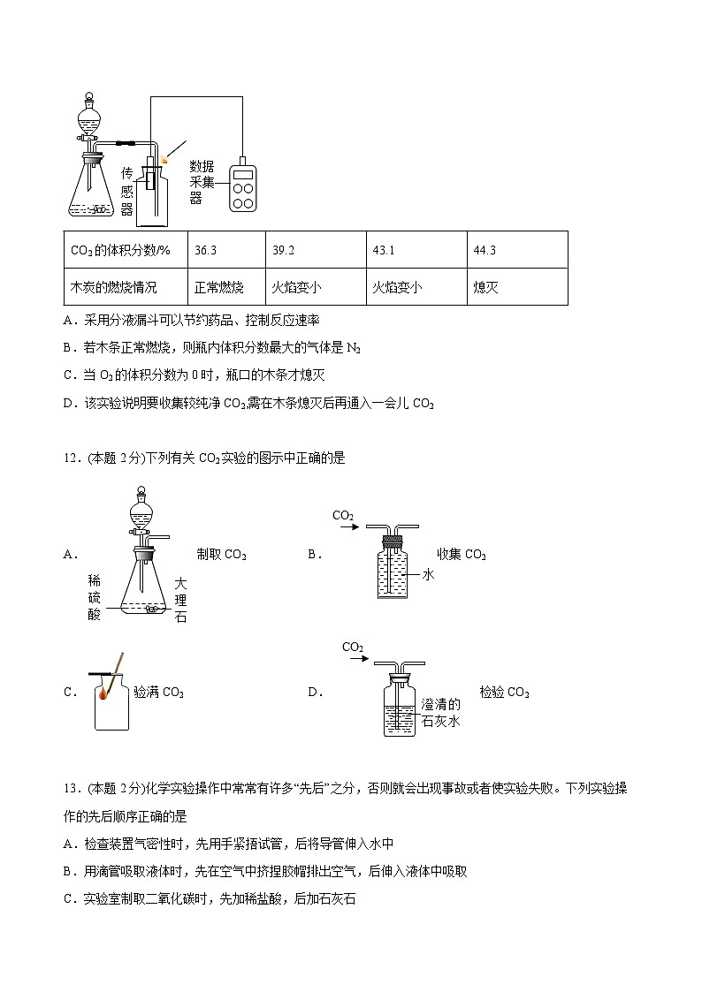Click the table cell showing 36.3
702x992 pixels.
tap(205, 250)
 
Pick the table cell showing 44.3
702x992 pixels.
tap(485, 250)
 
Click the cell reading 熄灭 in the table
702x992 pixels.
tap(486, 287)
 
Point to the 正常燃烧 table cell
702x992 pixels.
tap(218, 287)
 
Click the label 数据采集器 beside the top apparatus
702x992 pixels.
tap(202, 182)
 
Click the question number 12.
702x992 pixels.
tap(72, 458)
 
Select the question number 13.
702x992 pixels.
tap(72, 789)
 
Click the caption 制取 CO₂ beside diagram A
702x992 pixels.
tap(222, 555)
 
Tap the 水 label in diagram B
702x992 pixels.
tap(427, 574)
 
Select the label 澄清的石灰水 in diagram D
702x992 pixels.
tap(441, 712)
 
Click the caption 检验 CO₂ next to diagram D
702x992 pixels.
tap(504, 692)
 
